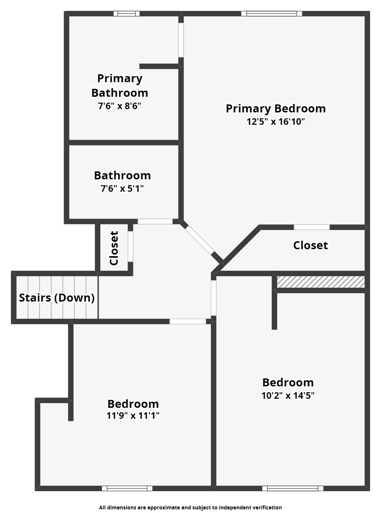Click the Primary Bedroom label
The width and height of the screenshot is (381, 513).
click(x=276, y=109)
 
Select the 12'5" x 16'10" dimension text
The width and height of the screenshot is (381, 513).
click(x=276, y=122)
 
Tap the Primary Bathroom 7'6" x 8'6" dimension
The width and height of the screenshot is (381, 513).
click(x=120, y=106)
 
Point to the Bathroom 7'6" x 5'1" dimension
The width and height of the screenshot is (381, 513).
click(x=122, y=189)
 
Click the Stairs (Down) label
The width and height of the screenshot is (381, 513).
click(x=57, y=298)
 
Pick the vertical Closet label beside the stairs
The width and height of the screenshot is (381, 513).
click(x=114, y=248)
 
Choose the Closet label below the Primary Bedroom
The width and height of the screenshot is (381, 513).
click(x=310, y=245)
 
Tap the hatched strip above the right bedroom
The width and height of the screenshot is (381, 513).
click(x=321, y=282)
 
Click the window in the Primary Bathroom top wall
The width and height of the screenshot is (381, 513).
click(x=127, y=14)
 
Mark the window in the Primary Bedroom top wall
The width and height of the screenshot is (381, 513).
click(x=272, y=14)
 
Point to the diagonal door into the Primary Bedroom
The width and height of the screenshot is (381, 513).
click(x=200, y=240)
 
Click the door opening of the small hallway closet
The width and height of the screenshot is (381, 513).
click(x=131, y=246)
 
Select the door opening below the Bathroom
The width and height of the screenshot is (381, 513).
click(x=155, y=221)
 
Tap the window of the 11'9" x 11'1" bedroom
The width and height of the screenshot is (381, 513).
click(x=127, y=488)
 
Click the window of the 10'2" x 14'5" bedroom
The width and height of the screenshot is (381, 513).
click(x=293, y=488)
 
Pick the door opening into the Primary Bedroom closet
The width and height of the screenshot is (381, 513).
click(x=312, y=227)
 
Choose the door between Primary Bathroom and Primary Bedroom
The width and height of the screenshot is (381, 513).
click(x=181, y=40)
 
